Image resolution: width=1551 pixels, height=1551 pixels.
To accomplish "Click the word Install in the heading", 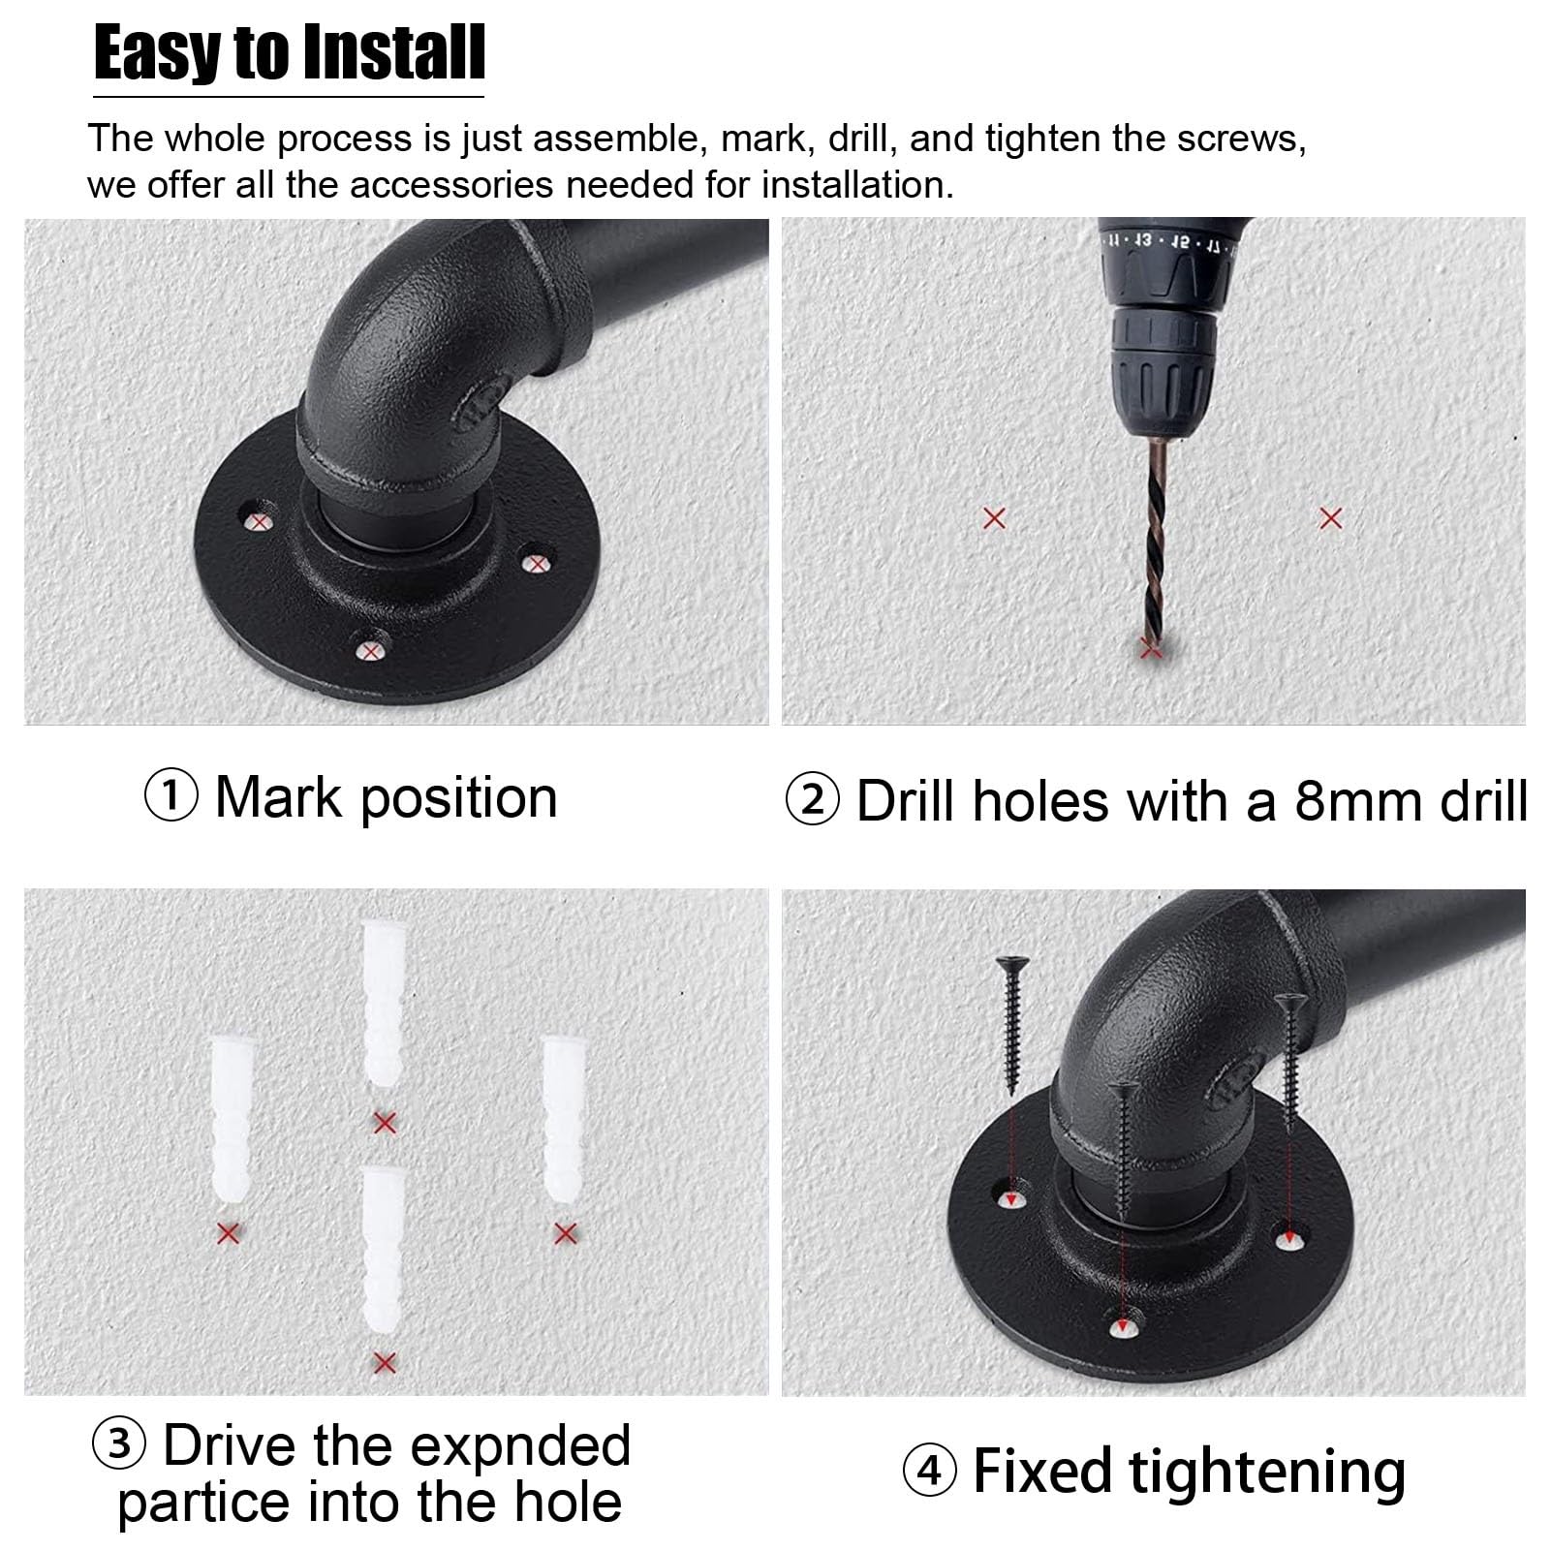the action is pyautogui.click(x=391, y=53).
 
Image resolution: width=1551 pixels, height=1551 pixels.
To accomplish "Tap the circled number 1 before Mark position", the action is pyautogui.click(x=171, y=797).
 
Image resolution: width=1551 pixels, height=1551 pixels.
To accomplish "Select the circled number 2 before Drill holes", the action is pyautogui.click(x=812, y=801).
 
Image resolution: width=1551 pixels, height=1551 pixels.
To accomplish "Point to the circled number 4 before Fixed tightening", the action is pyautogui.click(x=929, y=1472).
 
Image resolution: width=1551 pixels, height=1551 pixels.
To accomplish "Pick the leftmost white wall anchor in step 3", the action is pyautogui.click(x=230, y=1118).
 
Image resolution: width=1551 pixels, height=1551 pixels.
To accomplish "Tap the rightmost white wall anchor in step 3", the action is pyautogui.click(x=564, y=1118).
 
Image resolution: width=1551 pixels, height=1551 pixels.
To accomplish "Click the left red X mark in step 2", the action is pyautogui.click(x=994, y=518).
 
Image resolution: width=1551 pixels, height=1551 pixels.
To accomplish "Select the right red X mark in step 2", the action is pyautogui.click(x=1331, y=518).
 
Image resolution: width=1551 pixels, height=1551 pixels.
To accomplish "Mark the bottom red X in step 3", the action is pyautogui.click(x=385, y=1363).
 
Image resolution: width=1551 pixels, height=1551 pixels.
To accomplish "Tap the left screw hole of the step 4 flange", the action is pyautogui.click(x=1011, y=1198).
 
